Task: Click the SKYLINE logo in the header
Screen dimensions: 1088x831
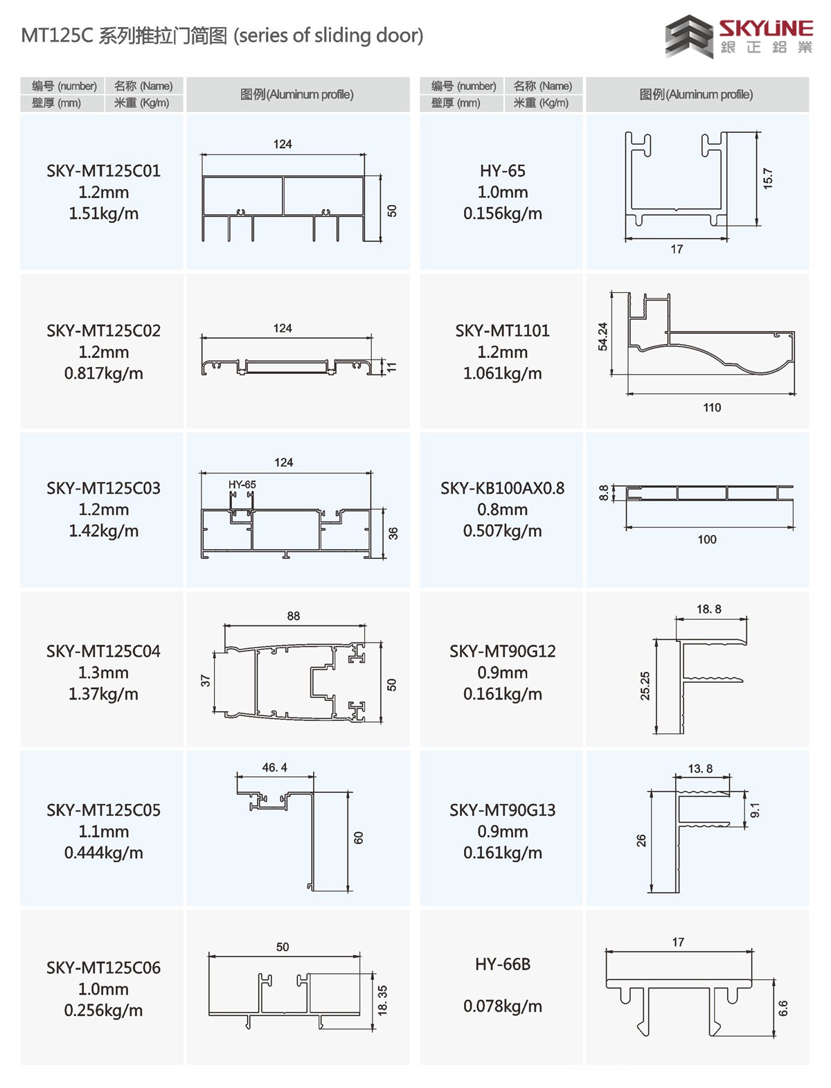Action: click(738, 36)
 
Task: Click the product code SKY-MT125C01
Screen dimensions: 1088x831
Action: click(103, 171)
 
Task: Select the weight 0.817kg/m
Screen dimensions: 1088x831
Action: click(103, 373)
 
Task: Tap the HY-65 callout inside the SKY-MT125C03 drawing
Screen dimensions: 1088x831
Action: click(242, 485)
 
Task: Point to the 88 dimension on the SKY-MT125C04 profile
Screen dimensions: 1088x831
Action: click(294, 616)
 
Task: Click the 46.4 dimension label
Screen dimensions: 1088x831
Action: click(274, 767)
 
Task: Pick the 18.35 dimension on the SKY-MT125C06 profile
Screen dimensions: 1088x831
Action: click(382, 1000)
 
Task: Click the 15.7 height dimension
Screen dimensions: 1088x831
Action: click(768, 179)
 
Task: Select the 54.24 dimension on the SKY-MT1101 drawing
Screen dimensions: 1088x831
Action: click(603, 336)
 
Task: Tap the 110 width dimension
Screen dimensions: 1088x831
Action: click(712, 407)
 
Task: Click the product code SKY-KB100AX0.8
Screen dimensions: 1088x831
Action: click(502, 488)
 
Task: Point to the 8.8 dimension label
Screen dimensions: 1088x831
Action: click(604, 493)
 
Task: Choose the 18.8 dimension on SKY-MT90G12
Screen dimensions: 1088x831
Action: click(708, 609)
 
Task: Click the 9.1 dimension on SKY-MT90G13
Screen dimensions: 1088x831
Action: click(756, 810)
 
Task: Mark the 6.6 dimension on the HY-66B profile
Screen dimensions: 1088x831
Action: click(783, 1008)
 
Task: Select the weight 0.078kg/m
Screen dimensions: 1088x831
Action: click(502, 1006)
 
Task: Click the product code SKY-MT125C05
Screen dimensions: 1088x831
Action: click(103, 810)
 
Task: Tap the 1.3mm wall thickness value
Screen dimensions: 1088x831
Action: click(103, 672)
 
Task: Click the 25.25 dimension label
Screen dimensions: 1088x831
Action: click(645, 686)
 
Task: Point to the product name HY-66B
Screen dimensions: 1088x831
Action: click(502, 964)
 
